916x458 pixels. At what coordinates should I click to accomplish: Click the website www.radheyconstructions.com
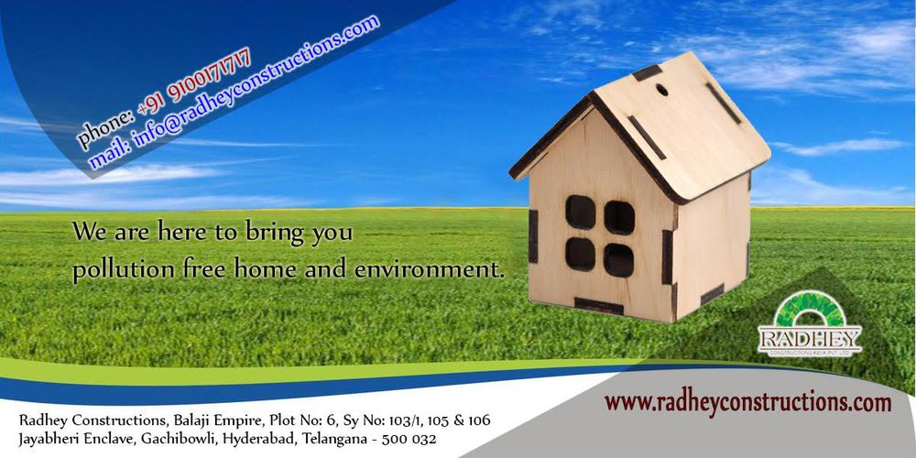747,402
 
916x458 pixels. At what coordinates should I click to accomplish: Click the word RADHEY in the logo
810,339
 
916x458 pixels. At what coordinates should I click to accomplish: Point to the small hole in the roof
662,90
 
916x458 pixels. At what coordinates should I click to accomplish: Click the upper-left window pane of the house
580,213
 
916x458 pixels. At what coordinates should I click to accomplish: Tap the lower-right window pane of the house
618,260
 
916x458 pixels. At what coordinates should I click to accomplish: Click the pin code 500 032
409,439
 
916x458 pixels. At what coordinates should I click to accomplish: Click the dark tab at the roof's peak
648,73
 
